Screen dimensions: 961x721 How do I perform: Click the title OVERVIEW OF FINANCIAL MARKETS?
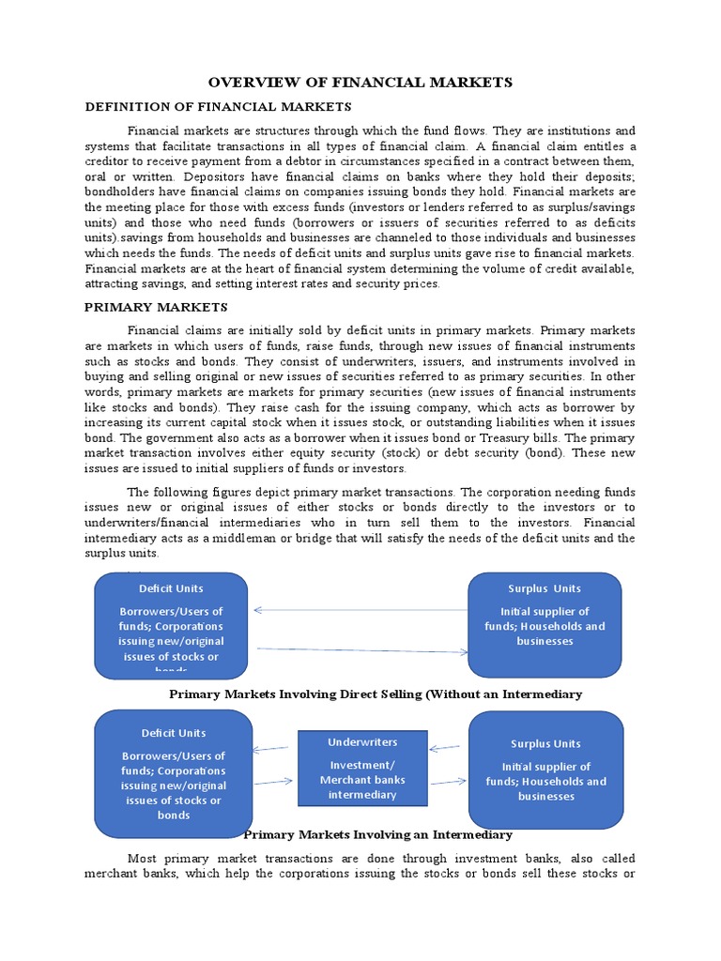pyautogui.click(x=360, y=83)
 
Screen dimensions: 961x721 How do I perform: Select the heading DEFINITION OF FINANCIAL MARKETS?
pyautogui.click(x=218, y=107)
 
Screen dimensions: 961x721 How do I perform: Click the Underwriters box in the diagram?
pyautogui.click(x=361, y=768)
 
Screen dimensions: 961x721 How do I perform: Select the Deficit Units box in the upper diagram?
pyautogui.click(x=171, y=624)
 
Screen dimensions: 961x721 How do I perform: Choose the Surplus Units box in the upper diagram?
pyautogui.click(x=545, y=624)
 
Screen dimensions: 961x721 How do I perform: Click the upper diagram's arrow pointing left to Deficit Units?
pyautogui.click(x=360, y=610)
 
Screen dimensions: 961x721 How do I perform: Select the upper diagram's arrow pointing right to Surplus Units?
pyautogui.click(x=361, y=649)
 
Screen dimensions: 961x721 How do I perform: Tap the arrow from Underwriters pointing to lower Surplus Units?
pyautogui.click(x=448, y=781)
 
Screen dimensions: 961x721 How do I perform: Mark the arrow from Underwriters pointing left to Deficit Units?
pyautogui.click(x=272, y=749)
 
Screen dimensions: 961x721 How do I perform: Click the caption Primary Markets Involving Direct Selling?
pyautogui.click(x=376, y=694)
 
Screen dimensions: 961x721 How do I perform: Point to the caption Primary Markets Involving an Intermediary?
pyautogui.click(x=377, y=834)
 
